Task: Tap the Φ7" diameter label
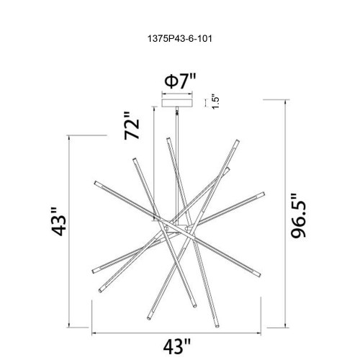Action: point(179,81)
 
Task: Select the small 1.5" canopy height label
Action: point(215,102)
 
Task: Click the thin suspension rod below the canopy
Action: point(178,144)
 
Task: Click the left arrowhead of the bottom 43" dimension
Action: point(92,332)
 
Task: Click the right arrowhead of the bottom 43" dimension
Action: point(265,332)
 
